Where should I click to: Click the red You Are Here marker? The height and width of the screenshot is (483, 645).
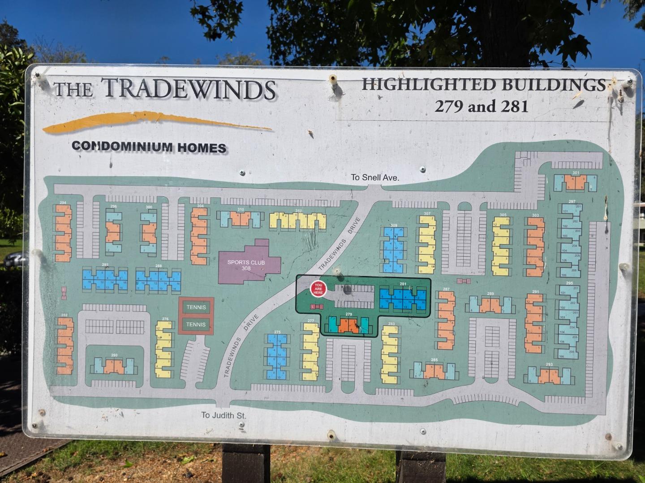coord(318,288)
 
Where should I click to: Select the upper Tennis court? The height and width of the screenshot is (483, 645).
coord(196,307)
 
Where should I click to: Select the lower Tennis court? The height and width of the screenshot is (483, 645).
coord(196,324)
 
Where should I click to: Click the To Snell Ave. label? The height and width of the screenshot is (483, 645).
coord(375,178)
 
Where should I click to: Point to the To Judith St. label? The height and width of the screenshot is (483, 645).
coord(224,415)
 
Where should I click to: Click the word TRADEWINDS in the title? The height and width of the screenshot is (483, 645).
coord(188,89)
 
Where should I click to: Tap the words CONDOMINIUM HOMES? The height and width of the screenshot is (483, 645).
coord(149,147)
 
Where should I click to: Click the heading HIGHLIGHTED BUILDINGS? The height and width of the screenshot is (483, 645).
coord(483,85)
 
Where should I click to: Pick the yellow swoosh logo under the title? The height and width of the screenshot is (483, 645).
coord(157,122)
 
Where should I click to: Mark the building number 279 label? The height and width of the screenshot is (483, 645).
coord(349,314)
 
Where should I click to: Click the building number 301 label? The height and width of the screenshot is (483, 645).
coord(576,173)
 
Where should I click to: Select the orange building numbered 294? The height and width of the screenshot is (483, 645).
coord(63,233)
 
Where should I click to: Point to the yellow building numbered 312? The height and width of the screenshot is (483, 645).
coord(298,220)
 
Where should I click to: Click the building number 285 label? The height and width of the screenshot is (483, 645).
coord(434,360)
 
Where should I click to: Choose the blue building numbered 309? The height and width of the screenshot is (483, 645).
coord(394,250)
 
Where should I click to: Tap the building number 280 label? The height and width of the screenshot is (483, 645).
coord(114,356)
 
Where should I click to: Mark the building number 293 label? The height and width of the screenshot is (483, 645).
coord(550,364)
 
